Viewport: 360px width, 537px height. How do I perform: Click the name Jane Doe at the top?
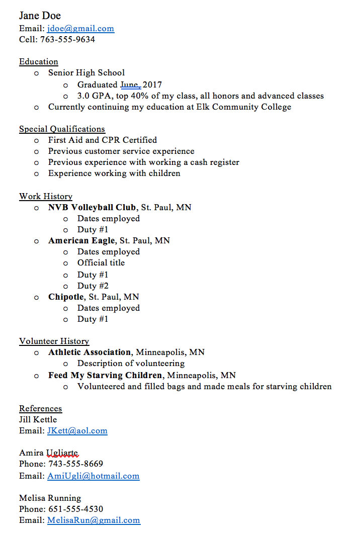40,16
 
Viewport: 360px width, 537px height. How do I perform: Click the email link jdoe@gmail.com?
80,29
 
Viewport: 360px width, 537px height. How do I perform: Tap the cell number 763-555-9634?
67,39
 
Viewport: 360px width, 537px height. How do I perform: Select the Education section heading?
39,62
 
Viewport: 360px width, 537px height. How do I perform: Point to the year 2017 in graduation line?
152,84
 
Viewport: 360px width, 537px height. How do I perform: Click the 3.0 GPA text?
96,96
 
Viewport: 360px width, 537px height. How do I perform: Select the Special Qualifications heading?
62,129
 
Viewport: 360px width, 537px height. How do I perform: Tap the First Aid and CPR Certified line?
103,140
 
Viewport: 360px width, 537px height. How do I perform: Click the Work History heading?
46,196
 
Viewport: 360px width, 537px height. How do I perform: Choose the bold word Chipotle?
66,297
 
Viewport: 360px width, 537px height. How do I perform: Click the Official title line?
101,262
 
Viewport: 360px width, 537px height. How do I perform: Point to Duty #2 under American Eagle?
93,286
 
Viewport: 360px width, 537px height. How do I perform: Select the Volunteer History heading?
54,341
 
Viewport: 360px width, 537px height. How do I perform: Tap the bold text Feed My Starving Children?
105,375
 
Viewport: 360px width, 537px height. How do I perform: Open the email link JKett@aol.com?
77,431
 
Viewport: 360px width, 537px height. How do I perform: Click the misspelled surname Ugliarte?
62,453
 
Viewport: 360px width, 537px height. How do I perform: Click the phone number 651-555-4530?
76,509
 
